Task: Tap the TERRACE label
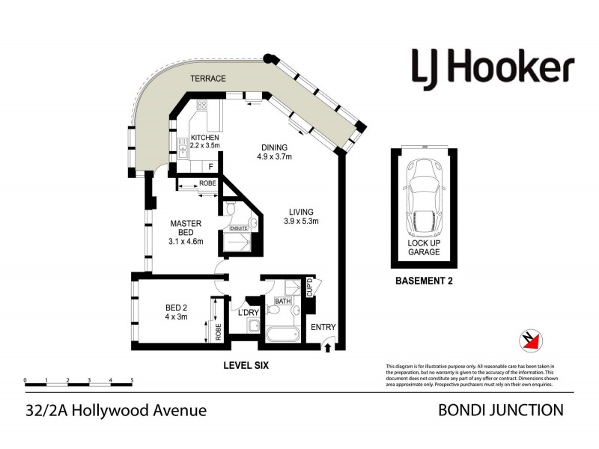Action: pyautogui.click(x=208, y=77)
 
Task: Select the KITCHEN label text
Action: pyautogui.click(x=204, y=138)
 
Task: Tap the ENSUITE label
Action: pyautogui.click(x=238, y=227)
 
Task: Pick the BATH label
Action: pyautogui.click(x=282, y=301)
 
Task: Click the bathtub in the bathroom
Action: pyautogui.click(x=280, y=333)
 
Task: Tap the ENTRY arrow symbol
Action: pyautogui.click(x=327, y=345)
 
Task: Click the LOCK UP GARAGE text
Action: pyautogui.click(x=423, y=248)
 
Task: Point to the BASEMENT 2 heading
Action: pyautogui.click(x=424, y=282)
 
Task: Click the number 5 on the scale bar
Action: pyautogui.click(x=132, y=381)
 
